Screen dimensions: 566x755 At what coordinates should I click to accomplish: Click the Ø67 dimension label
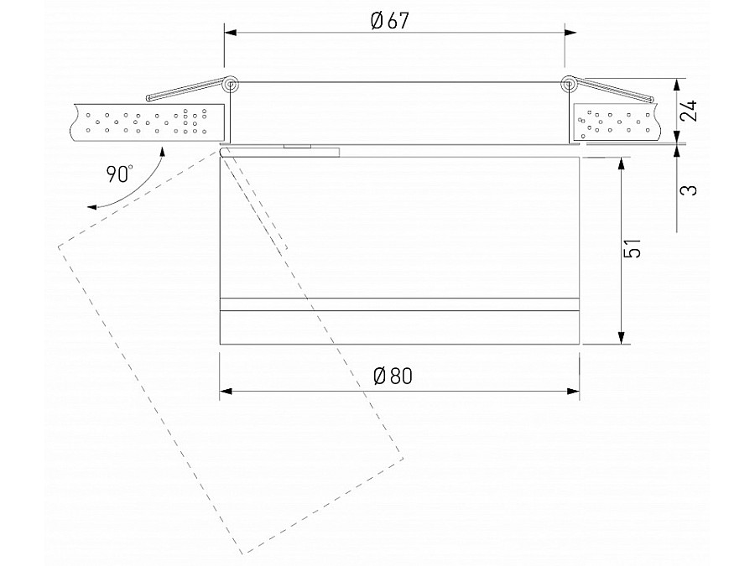click(389, 22)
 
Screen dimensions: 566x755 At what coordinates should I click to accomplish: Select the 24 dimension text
click(690, 111)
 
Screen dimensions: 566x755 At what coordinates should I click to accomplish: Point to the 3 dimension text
click(690, 189)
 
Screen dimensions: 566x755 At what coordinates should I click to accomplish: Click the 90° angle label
click(120, 174)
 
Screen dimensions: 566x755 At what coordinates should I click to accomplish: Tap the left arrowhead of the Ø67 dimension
click(230, 33)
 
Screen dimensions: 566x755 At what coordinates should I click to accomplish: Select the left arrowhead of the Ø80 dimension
click(226, 391)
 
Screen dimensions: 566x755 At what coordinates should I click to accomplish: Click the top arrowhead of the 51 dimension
click(621, 164)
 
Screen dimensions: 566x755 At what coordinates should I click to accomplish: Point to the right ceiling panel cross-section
click(617, 122)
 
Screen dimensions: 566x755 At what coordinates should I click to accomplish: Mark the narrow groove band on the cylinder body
click(399, 304)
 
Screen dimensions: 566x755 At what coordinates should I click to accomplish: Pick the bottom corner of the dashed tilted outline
click(243, 554)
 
